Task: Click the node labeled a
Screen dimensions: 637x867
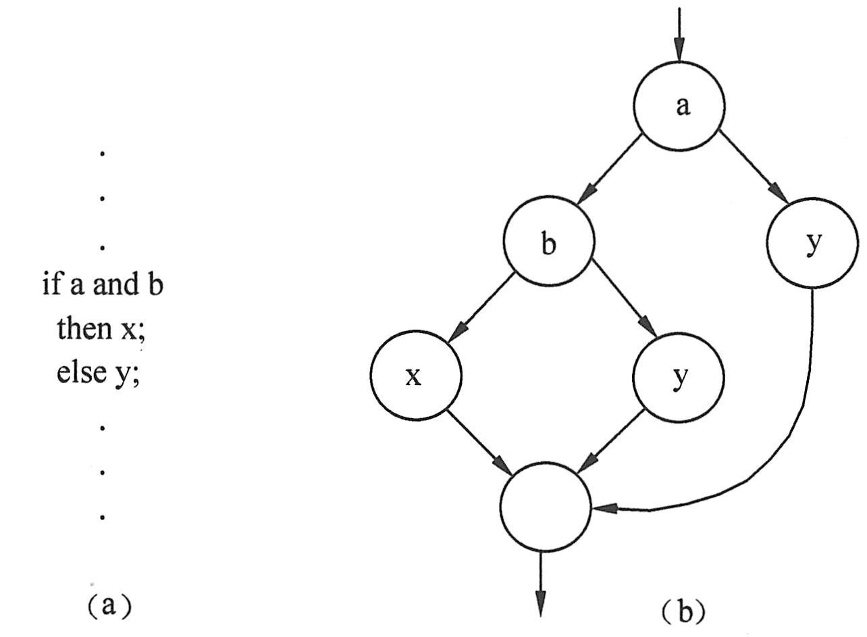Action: (679, 106)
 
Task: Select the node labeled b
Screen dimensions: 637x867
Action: (549, 240)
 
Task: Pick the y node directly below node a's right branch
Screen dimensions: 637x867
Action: (812, 242)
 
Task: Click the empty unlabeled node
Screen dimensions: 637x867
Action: (546, 507)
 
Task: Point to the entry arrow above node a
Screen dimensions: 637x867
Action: (679, 34)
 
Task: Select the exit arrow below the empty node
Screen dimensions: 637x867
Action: (541, 584)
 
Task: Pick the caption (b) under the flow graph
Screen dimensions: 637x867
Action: (683, 612)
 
